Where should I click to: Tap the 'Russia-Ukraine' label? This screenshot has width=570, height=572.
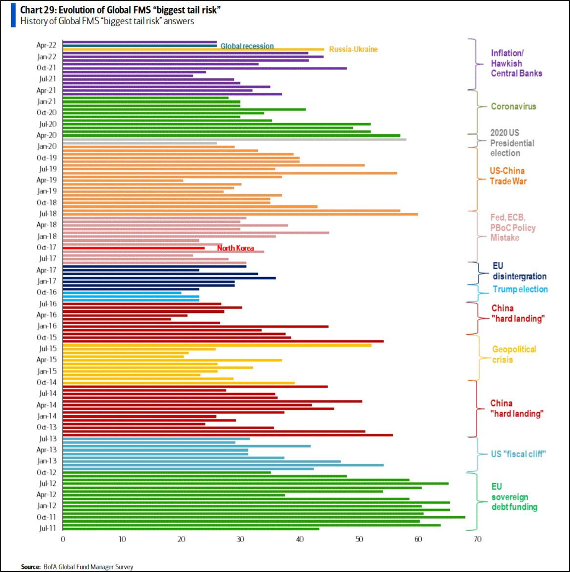[x=353, y=49]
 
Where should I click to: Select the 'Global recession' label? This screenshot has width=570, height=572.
[x=247, y=46]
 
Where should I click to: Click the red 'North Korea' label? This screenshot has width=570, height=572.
[x=235, y=248]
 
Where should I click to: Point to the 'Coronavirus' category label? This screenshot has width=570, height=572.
[x=513, y=106]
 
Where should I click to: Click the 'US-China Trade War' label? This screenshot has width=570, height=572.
[x=508, y=176]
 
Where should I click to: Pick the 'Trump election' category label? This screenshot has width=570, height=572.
[x=520, y=289]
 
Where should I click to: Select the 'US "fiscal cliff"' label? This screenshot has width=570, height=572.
[x=518, y=454]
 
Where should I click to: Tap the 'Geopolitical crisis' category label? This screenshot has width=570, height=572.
[x=514, y=354]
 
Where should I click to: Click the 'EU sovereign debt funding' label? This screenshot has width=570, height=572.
[x=514, y=497]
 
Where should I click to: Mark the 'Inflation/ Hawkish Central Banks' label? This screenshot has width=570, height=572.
[x=516, y=63]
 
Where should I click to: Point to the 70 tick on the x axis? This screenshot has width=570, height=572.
[x=477, y=539]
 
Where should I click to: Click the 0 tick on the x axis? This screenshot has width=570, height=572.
[x=63, y=539]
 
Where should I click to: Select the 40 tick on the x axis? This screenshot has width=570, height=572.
[x=300, y=539]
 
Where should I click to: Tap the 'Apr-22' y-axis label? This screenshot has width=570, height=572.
[x=46, y=45]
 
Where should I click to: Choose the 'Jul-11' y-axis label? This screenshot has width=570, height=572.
[x=47, y=528]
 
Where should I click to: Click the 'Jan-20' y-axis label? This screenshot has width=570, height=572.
[x=47, y=146]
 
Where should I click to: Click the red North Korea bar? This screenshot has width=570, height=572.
[x=133, y=248]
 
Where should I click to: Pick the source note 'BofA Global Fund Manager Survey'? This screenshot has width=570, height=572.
[x=88, y=567]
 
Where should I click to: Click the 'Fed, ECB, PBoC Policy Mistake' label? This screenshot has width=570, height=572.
[x=512, y=228]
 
